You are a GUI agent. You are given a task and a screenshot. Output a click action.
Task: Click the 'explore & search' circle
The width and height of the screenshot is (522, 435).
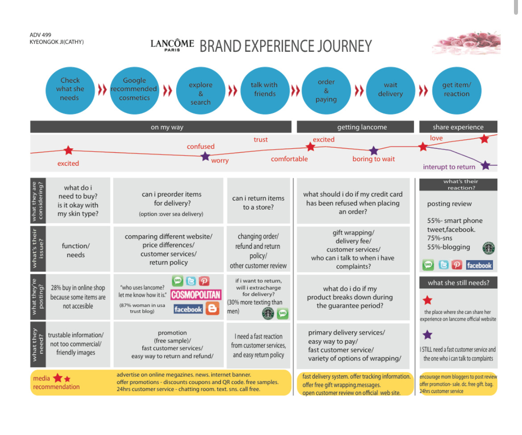[200, 91]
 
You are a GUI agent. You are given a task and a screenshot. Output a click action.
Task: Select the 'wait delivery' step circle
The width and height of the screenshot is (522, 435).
[390, 90]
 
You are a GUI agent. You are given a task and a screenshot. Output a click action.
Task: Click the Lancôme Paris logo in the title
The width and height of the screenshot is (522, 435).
[172, 45]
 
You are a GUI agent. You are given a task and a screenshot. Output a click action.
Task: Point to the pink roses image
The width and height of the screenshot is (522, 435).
[466, 43]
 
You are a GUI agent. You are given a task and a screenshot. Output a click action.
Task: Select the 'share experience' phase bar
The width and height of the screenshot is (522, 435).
[458, 127]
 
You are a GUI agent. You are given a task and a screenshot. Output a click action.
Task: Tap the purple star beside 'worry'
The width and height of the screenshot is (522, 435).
[205, 156]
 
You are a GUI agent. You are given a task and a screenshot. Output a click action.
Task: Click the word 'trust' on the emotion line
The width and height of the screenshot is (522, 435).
[261, 140]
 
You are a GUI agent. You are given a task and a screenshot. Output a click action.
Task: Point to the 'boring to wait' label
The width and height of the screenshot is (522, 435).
[373, 159]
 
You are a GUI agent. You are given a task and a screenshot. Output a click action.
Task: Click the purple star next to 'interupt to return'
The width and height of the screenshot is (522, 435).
[485, 166]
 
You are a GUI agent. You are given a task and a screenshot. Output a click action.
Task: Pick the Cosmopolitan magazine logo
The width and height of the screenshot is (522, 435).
[196, 295]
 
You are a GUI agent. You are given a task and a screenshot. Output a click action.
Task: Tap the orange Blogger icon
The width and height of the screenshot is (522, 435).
[212, 309]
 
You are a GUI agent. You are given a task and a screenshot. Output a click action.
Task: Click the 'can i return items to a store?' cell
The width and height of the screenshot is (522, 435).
[258, 203]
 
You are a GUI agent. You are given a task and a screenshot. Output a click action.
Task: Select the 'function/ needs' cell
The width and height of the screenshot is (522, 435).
[76, 250]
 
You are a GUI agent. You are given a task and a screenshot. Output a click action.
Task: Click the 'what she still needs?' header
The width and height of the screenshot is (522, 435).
[458, 283]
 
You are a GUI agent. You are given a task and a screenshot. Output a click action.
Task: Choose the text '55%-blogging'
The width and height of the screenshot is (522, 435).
[448, 247]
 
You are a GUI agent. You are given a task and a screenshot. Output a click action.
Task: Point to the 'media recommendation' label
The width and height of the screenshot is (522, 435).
[56, 383]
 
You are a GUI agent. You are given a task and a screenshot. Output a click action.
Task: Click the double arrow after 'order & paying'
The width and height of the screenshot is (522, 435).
[359, 91]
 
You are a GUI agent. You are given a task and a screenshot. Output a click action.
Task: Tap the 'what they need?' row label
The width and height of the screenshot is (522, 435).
[38, 345]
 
